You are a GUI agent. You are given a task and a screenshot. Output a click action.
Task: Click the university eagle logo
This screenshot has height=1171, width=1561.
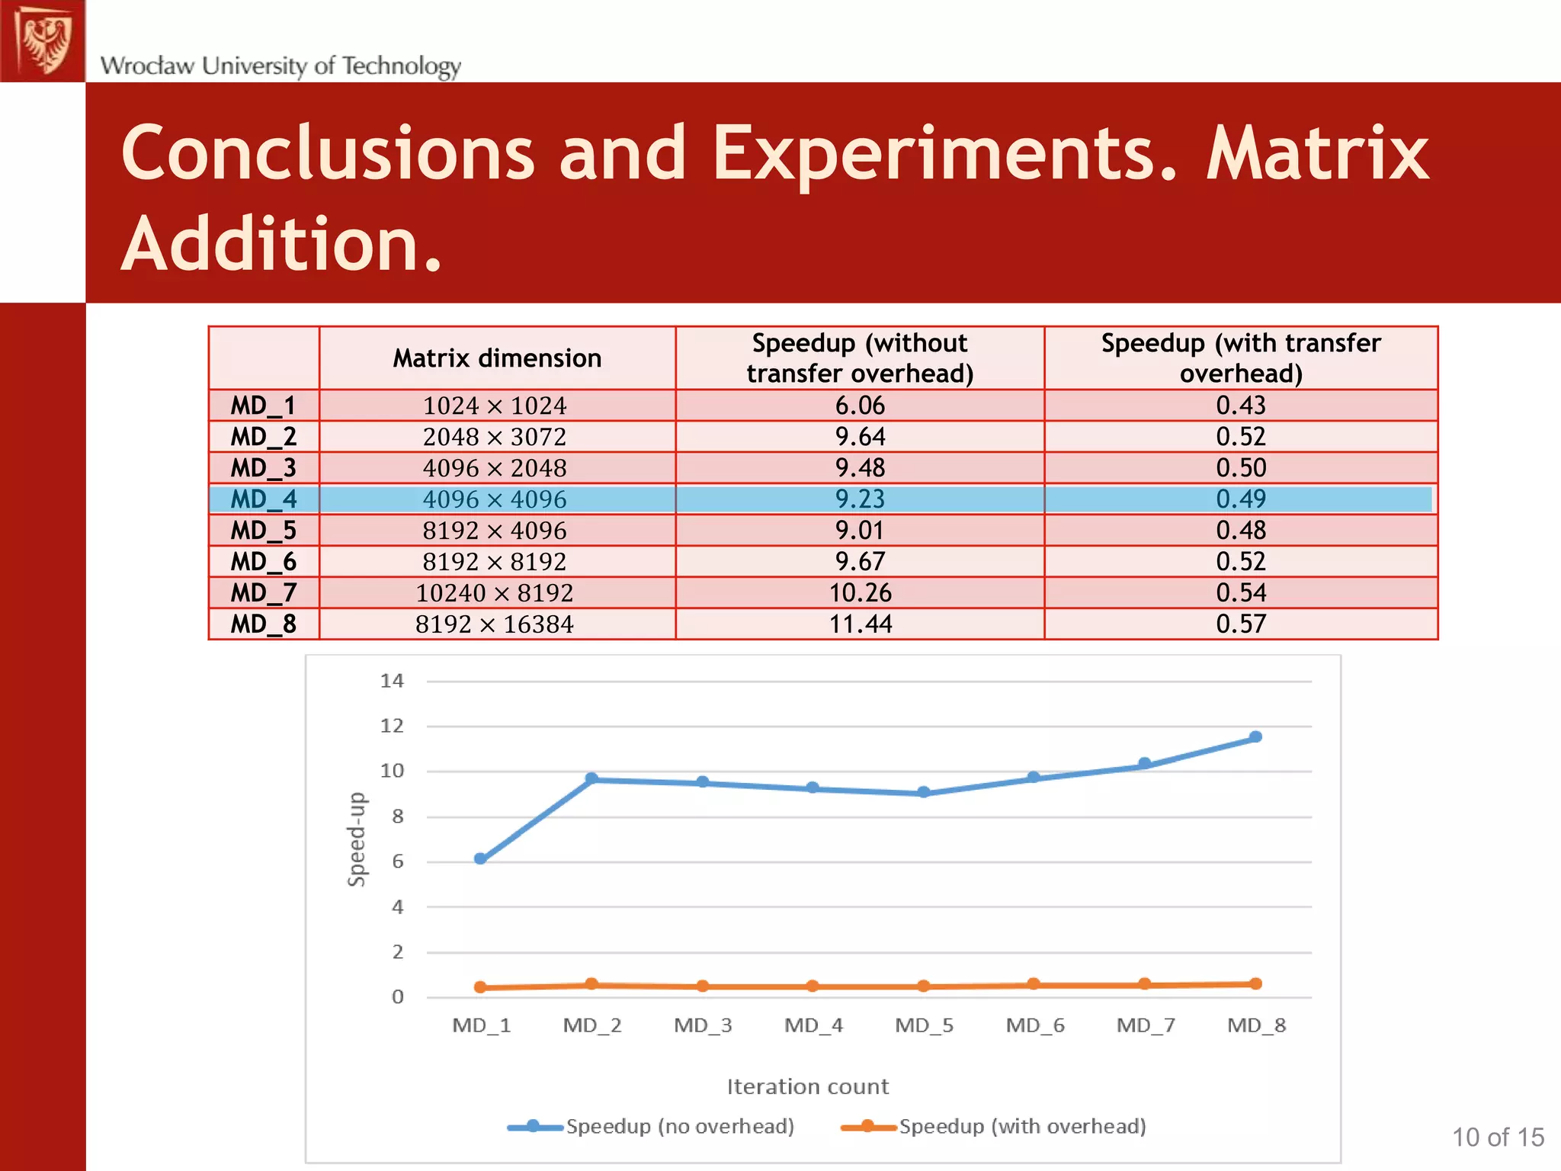(x=43, y=40)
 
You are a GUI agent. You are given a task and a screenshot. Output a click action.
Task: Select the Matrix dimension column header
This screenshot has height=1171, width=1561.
(x=497, y=358)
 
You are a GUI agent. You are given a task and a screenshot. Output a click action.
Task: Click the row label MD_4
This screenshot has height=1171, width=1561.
(x=264, y=499)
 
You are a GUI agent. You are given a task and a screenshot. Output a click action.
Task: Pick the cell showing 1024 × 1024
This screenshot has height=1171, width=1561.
(x=495, y=406)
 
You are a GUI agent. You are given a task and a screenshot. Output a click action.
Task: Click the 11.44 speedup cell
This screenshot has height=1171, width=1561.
(x=860, y=624)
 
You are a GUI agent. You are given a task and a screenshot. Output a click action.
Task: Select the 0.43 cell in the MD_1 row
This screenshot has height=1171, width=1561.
(x=1240, y=406)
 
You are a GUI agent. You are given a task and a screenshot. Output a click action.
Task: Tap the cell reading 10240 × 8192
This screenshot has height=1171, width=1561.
(x=495, y=593)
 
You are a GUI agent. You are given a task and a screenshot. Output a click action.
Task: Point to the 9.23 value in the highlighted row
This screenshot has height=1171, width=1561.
(x=860, y=499)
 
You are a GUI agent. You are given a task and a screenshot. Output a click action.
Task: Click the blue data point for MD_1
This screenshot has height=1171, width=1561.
(x=480, y=858)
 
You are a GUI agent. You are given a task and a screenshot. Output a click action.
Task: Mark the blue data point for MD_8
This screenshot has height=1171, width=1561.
(x=1255, y=737)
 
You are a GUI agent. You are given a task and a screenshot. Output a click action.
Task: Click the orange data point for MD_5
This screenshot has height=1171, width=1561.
(x=923, y=986)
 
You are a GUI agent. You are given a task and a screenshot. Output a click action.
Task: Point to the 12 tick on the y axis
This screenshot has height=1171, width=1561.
(x=392, y=726)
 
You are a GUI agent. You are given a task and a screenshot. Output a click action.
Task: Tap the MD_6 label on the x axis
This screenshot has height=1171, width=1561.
(x=1034, y=1025)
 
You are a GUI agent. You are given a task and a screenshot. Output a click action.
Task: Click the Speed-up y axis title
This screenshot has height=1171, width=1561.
(x=357, y=839)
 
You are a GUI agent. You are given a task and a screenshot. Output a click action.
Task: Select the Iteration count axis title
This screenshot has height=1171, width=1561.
(x=807, y=1086)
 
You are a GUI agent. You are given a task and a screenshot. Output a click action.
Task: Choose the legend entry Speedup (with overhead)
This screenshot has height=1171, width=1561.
(x=1021, y=1127)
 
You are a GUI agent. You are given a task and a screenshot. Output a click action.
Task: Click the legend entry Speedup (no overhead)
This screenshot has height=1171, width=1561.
(x=679, y=1127)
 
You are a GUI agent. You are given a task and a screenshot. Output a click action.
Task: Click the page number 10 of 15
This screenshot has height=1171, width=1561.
(x=1497, y=1137)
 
